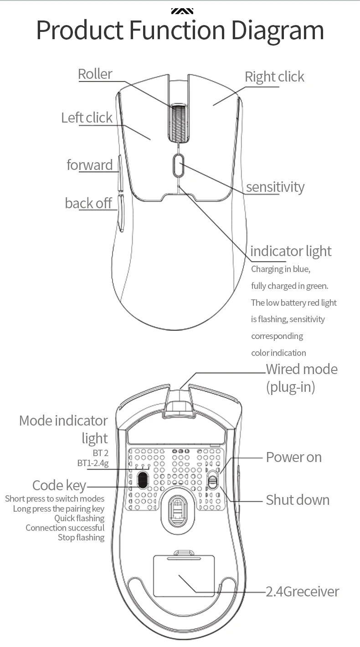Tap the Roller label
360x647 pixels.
(95, 74)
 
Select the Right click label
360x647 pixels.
(274, 77)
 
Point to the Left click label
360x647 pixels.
(87, 118)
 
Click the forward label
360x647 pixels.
(89, 164)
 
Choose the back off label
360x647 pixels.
(88, 203)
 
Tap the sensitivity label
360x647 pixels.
(275, 187)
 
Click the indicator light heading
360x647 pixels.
(291, 251)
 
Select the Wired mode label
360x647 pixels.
(302, 369)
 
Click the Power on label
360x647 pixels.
(293, 457)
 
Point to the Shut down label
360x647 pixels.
(297, 500)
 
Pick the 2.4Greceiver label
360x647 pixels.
(303, 591)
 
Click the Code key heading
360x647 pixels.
(59, 485)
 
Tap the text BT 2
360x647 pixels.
(100, 453)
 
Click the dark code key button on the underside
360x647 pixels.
(143, 478)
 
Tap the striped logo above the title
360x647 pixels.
(182, 10)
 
